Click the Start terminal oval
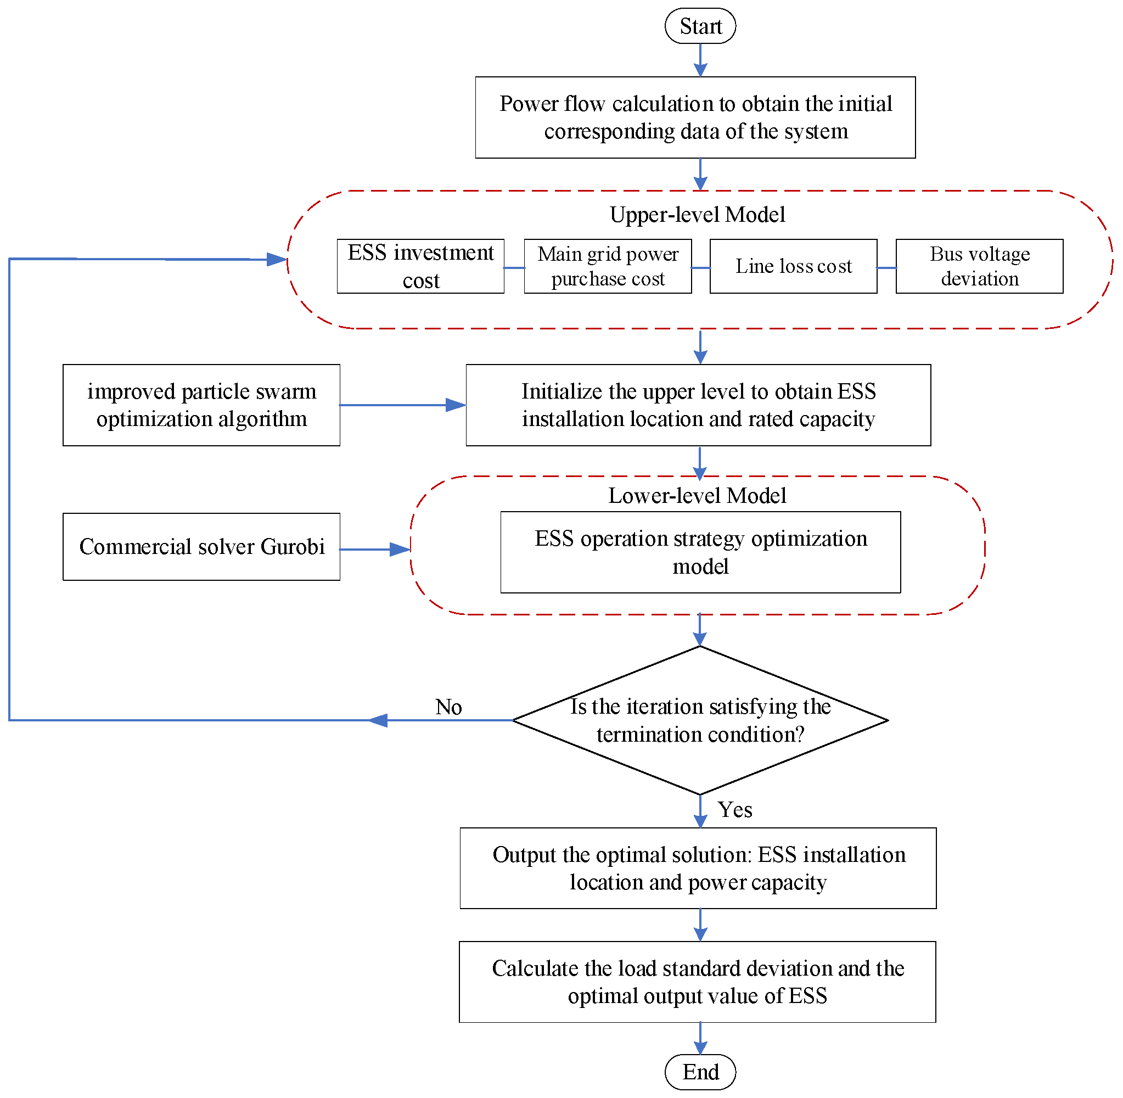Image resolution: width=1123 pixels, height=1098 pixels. (x=700, y=26)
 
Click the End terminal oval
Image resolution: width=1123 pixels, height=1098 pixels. (x=700, y=1072)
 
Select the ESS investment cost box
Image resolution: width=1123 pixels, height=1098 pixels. (x=420, y=266)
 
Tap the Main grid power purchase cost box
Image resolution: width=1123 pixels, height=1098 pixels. (x=608, y=266)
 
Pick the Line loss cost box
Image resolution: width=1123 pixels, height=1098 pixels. (x=793, y=266)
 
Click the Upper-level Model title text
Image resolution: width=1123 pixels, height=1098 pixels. (x=698, y=215)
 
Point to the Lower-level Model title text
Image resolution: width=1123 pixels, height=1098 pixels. (x=697, y=495)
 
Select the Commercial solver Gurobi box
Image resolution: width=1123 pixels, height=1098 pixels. (x=201, y=547)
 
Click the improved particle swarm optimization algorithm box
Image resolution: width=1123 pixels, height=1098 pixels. (x=201, y=405)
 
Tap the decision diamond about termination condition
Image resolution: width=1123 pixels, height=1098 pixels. (x=700, y=720)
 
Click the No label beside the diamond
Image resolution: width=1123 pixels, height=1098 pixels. (x=448, y=707)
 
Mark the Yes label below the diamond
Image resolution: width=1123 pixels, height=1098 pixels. (x=734, y=810)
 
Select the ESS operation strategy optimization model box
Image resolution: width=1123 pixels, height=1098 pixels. (x=700, y=552)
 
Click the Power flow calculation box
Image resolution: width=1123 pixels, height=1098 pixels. (x=695, y=117)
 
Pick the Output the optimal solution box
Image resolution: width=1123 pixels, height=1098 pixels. (x=698, y=869)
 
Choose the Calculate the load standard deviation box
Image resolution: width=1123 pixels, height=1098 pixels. (x=697, y=982)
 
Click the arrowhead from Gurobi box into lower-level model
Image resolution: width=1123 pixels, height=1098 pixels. (x=400, y=550)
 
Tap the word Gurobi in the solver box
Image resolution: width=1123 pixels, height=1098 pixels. (x=293, y=547)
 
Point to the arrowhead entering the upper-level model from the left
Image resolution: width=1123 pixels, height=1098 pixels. (x=277, y=260)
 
